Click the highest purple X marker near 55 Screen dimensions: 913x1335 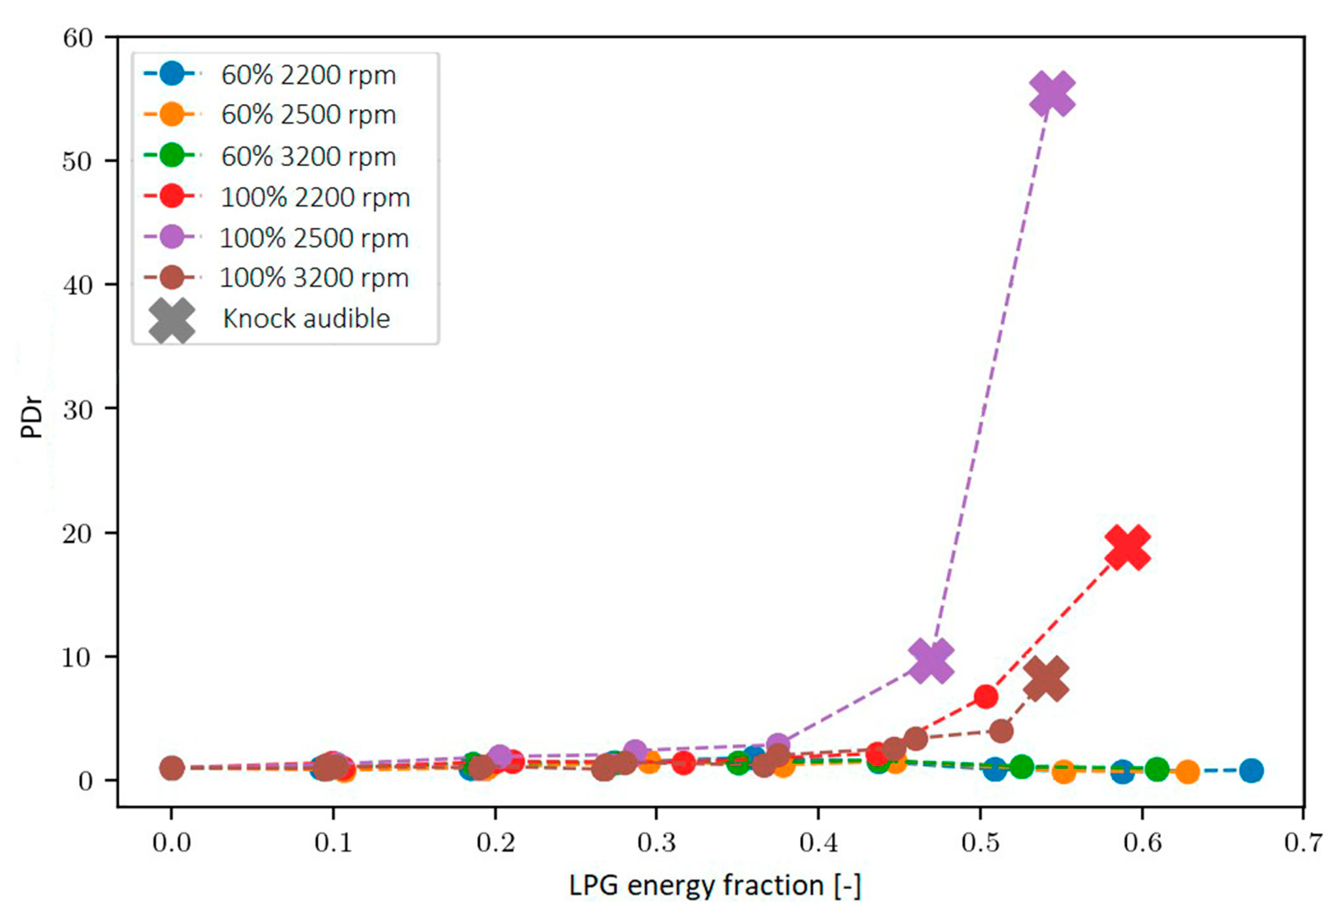click(1052, 94)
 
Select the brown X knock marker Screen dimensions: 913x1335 click(1045, 679)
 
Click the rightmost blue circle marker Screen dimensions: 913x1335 click(1251, 771)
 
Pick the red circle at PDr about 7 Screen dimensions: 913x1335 click(986, 697)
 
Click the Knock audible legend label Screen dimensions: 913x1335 click(306, 319)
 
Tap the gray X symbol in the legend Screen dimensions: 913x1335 click(171, 320)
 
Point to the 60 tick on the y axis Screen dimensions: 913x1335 click(78, 39)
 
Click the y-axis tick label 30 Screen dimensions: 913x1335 click(78, 409)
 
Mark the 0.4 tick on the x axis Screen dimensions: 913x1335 click(817, 843)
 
